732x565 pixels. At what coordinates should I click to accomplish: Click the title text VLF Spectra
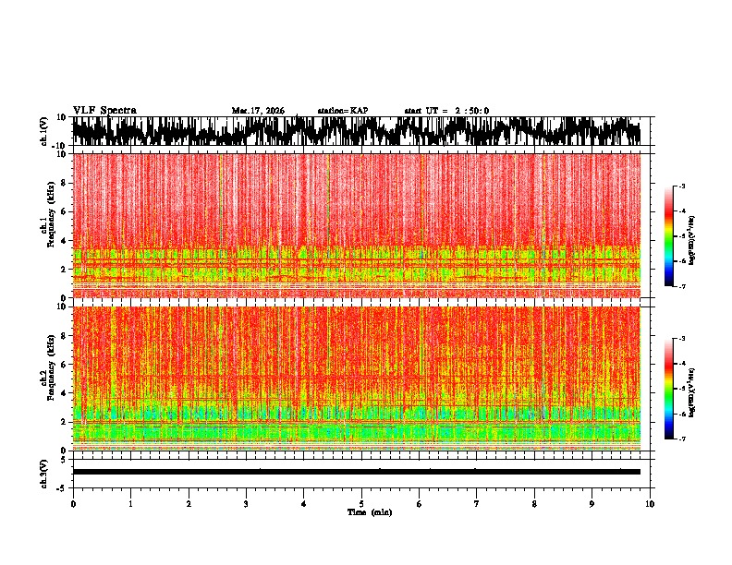point(104,110)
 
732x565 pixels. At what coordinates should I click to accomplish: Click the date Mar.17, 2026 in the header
point(258,111)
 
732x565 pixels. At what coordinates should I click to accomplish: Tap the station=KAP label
point(342,111)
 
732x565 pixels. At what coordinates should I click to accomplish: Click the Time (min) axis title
point(369,511)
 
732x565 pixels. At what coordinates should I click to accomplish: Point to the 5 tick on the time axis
point(361,503)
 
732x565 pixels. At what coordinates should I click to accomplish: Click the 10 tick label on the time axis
point(651,503)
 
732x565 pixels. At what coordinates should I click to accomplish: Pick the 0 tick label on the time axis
point(73,503)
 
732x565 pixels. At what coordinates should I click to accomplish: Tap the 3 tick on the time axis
point(246,503)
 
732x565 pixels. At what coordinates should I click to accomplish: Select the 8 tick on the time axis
point(534,503)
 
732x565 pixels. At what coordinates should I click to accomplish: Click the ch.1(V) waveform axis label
point(44,131)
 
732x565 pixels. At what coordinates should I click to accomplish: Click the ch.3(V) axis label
point(44,471)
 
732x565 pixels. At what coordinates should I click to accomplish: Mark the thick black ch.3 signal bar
point(356,472)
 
